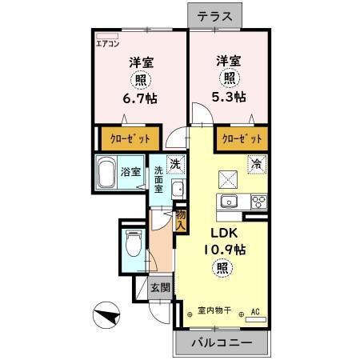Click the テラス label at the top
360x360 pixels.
tap(214, 17)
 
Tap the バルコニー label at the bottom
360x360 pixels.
tap(222, 342)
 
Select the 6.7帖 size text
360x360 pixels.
tap(140, 98)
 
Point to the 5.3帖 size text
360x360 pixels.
tap(229, 97)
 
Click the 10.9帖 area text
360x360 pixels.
tap(225, 250)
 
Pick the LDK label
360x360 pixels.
tap(224, 234)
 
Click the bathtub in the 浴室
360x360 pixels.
tap(106, 172)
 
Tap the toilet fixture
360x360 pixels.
tap(133, 243)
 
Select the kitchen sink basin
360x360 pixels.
tap(229, 201)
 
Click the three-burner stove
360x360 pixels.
tap(259, 202)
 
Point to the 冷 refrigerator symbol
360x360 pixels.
tap(257, 164)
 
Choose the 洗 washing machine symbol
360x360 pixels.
tap(175, 164)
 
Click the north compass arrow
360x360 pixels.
tap(107, 315)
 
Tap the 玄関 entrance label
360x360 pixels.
tap(160, 288)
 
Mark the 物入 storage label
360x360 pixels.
tap(181, 220)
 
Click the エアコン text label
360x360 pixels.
tap(107, 43)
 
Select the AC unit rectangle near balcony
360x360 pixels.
tap(256, 319)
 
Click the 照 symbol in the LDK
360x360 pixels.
tap(222, 268)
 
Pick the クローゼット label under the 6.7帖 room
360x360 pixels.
tap(130, 138)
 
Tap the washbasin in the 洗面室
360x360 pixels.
tap(178, 189)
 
